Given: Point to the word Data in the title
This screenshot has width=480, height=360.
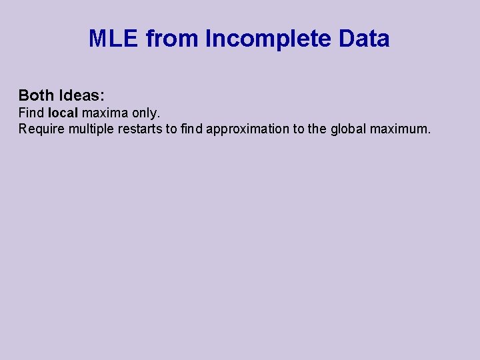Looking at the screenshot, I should [x=364, y=39].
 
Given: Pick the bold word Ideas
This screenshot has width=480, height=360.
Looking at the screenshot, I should [x=83, y=95].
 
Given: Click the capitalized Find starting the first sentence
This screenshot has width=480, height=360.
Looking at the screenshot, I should [x=31, y=113].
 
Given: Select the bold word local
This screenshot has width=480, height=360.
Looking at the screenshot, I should [x=63, y=113].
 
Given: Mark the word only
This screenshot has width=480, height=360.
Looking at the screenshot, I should [x=146, y=113].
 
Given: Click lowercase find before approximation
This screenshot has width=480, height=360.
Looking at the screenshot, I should [x=191, y=129].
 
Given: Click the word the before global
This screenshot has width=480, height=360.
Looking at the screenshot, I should [x=317, y=129].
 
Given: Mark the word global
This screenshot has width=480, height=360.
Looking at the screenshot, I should [x=349, y=129].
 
